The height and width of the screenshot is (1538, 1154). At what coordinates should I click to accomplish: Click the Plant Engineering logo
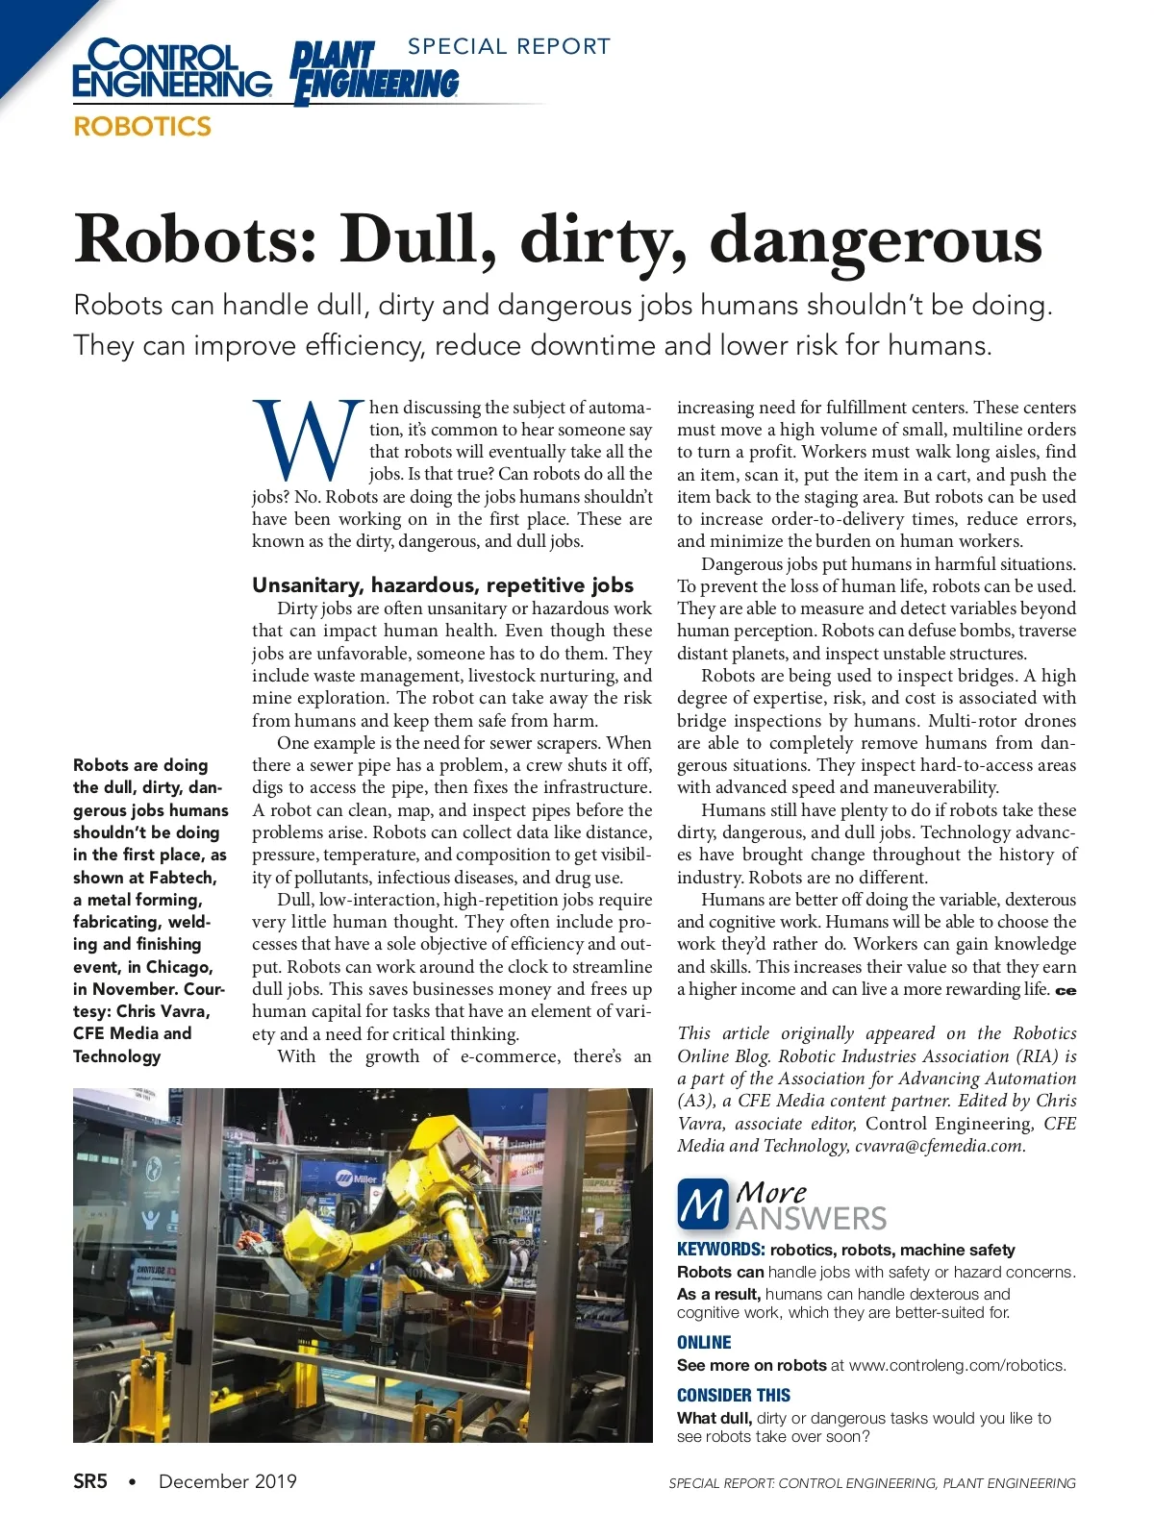375,73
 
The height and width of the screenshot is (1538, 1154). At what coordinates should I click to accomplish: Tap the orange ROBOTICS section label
142,126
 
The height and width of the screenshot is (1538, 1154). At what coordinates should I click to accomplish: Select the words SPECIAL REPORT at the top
509,46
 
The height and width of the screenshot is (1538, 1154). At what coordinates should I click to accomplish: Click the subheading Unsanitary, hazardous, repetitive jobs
442,585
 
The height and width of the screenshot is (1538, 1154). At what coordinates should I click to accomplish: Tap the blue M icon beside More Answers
702,1204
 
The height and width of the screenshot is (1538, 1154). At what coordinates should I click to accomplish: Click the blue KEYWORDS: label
720,1250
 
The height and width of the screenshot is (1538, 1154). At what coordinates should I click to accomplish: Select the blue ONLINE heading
704,1343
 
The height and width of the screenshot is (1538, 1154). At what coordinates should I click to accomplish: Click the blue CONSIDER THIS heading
733,1396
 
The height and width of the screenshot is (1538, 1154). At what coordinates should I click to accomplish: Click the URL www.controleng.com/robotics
957,1365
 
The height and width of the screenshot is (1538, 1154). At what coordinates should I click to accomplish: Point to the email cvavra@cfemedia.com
940,1146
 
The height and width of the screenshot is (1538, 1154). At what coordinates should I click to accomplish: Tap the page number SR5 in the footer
90,1481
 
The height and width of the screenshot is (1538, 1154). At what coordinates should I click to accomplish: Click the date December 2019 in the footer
228,1481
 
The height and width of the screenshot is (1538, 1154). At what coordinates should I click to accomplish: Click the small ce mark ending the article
1066,991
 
